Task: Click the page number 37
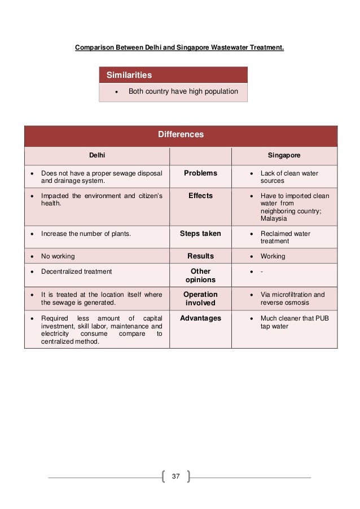[x=175, y=477]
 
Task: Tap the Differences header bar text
[x=181, y=135]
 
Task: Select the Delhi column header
[x=98, y=154]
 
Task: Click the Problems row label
[x=200, y=173]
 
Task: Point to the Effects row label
[x=200, y=195]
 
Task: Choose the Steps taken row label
[x=200, y=233]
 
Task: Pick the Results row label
[x=200, y=256]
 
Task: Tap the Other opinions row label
[x=200, y=275]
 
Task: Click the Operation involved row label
[x=200, y=299]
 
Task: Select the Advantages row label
[x=200, y=318]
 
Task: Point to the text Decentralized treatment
[x=77, y=271]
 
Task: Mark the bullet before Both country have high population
[x=116, y=91]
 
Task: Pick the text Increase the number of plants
[x=86, y=234]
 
